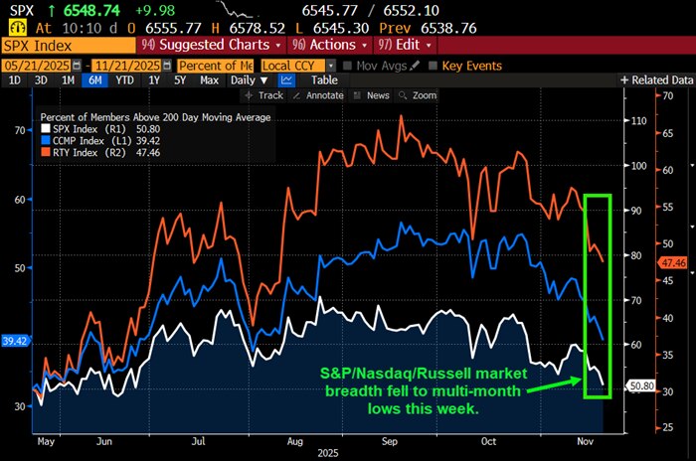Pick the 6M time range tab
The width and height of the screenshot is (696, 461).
pos(94,79)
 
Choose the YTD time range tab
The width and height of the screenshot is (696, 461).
pos(124,79)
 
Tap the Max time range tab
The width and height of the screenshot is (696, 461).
pos(209,79)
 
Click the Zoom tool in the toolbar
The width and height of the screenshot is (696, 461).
pos(424,95)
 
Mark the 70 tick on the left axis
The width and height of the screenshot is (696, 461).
pos(20,131)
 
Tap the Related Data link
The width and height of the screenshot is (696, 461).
pos(657,79)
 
